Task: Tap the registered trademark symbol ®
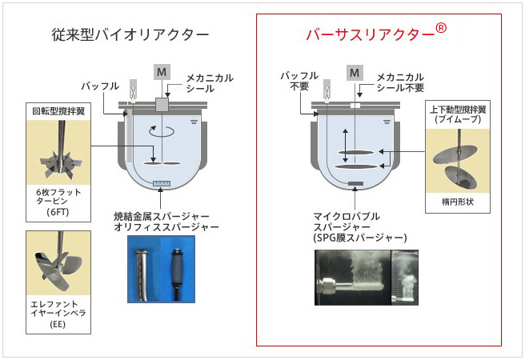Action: (440, 28)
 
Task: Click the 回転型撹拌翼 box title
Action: (58, 112)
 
